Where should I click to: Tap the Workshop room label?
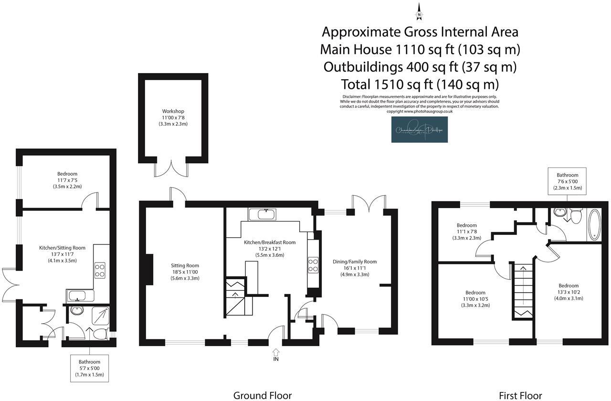coord(173,117)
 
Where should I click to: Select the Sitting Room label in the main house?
coord(185,272)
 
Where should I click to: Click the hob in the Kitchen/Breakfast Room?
coord(313,264)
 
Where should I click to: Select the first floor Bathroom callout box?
coord(568,181)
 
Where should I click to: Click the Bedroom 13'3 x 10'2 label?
coord(568,292)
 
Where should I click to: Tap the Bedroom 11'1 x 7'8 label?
coord(466,231)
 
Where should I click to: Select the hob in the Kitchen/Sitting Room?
coord(100,271)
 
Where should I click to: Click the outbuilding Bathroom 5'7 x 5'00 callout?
coord(89,368)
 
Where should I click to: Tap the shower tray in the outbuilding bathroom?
coord(100,315)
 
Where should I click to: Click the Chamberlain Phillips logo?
coord(420,129)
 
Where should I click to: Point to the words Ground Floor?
coord(262,395)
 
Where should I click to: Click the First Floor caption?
coord(520,395)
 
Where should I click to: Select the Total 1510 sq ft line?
coord(420,84)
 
